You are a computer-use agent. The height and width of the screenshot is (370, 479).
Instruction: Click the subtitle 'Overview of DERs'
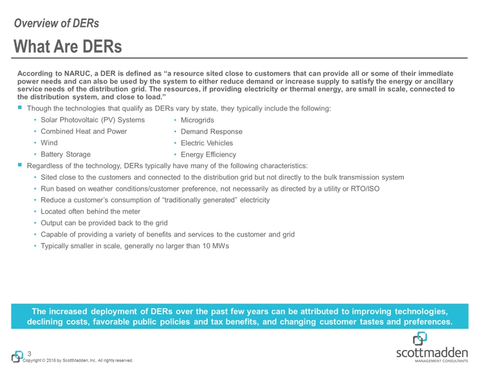(56, 23)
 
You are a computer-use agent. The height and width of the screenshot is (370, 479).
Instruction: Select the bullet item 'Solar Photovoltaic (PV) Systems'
(93, 120)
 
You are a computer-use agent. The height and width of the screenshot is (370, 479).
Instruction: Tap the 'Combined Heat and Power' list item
(84, 131)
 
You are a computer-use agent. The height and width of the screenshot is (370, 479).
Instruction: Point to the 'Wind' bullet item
(49, 143)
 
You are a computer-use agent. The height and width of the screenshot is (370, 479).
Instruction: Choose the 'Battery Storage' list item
(65, 155)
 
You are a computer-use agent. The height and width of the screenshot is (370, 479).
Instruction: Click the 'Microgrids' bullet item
(197, 120)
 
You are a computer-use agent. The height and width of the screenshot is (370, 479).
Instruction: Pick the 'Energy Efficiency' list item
(208, 155)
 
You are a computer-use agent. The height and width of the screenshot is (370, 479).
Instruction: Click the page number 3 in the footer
(29, 353)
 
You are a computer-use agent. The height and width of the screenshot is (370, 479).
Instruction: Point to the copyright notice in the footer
(78, 360)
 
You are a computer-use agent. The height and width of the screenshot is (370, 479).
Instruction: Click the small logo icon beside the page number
(17, 356)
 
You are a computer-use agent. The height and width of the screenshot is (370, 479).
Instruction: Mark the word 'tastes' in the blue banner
(363, 321)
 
